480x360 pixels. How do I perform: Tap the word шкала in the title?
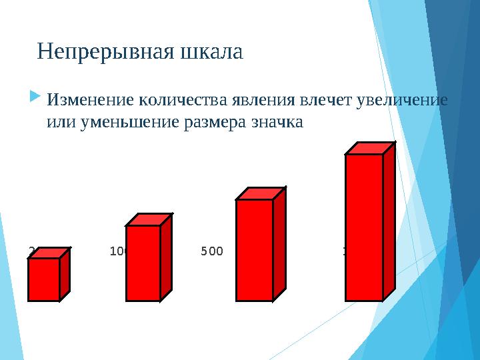pos(211,51)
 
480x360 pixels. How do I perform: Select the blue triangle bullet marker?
pos(35,99)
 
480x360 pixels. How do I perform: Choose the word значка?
pos(276,123)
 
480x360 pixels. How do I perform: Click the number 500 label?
pos(212,251)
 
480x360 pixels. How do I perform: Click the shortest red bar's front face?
pos(44,279)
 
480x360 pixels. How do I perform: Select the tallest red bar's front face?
pos(364,227)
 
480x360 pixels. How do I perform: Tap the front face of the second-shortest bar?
pos(143,263)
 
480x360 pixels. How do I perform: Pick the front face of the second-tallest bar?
pos(255,250)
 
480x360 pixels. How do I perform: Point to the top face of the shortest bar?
pos(50,253)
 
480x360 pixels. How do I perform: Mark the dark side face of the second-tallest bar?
pos(279,243)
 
